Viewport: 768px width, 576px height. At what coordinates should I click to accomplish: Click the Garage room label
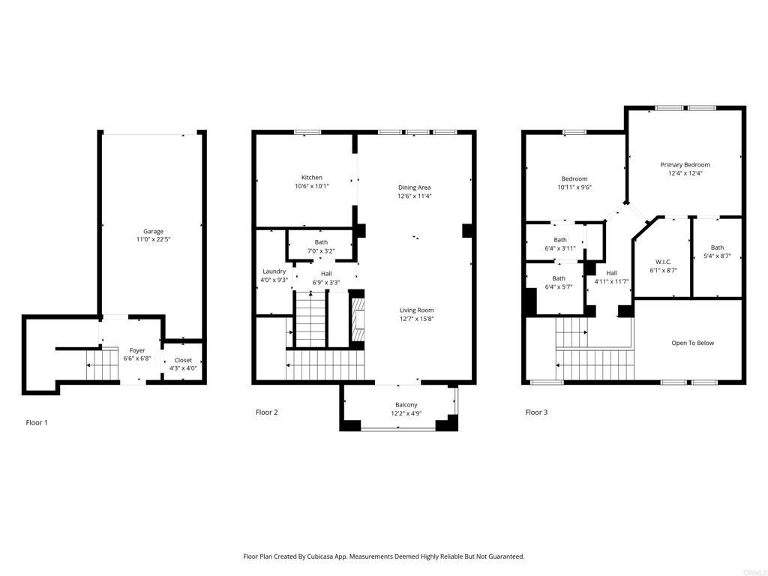153,231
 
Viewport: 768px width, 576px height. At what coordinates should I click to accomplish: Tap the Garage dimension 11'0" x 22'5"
153,240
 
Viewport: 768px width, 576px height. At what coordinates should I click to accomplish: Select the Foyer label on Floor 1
137,350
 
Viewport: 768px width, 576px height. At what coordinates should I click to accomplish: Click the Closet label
183,360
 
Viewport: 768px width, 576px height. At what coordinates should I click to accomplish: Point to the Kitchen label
312,178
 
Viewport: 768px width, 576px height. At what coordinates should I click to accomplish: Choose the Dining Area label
414,187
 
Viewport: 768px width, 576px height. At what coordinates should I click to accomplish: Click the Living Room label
415,310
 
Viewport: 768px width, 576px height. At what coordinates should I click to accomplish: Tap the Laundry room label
274,271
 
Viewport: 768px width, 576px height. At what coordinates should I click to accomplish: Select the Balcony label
406,405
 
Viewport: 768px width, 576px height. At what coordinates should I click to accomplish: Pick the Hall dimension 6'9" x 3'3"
326,283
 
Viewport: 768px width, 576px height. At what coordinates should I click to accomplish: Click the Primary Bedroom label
685,164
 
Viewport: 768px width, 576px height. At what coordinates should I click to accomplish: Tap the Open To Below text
692,343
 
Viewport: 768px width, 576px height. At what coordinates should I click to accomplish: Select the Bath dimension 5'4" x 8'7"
717,256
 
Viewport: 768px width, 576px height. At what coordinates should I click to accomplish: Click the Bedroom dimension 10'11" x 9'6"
574,187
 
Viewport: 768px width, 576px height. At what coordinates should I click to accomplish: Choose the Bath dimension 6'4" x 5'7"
559,287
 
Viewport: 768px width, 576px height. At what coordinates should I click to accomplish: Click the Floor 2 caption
267,412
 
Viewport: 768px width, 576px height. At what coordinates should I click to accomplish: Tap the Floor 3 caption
536,412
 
